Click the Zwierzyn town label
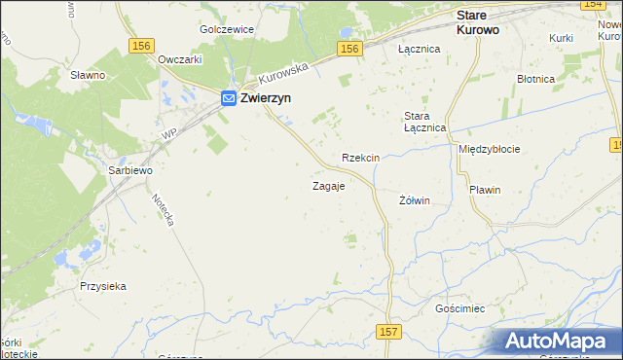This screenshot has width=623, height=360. coord(269,98)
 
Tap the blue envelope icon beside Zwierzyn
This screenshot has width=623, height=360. coord(228,98)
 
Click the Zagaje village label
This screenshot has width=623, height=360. coord(328,186)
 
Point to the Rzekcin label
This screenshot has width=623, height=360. coord(360,158)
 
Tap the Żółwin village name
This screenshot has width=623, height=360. coord(415,200)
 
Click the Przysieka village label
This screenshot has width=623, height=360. coord(104,287)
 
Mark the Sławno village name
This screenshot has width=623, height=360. coord(88,74)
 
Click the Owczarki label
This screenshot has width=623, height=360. coord(179,58)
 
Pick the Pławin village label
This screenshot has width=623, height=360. coord(484,190)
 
